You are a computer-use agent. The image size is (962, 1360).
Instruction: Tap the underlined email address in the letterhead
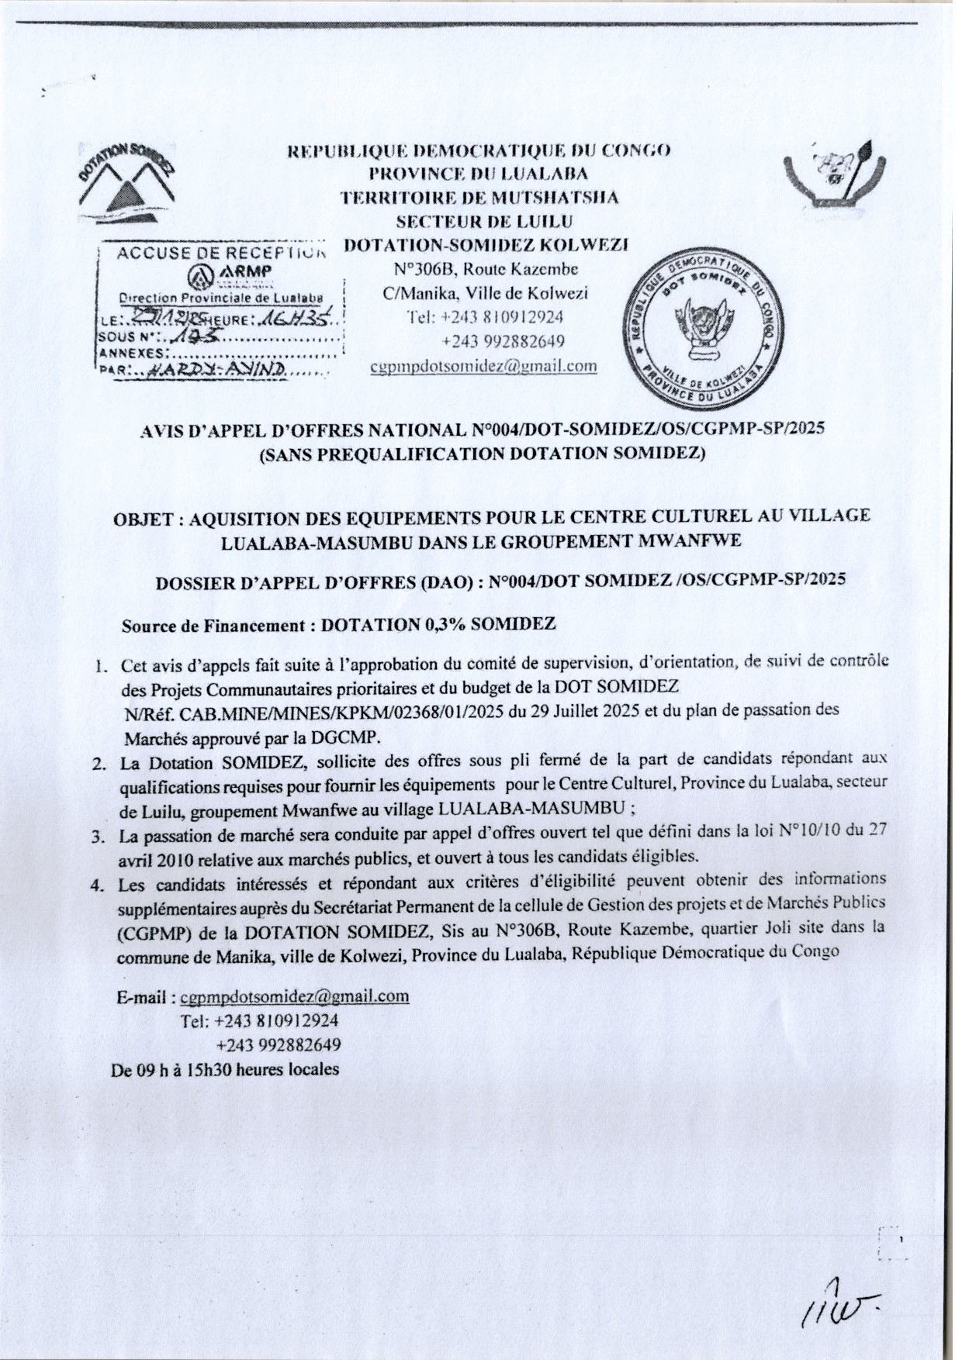click(x=483, y=366)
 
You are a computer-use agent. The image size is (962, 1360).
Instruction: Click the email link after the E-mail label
click(x=294, y=996)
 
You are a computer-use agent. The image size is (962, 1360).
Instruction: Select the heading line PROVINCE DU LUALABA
click(x=479, y=173)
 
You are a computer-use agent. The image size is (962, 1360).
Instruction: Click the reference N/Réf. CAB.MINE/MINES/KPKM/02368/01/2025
click(x=314, y=713)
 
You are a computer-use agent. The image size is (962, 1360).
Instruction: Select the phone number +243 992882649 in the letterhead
click(x=503, y=341)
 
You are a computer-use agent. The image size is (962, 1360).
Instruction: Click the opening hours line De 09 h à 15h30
click(x=226, y=1069)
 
